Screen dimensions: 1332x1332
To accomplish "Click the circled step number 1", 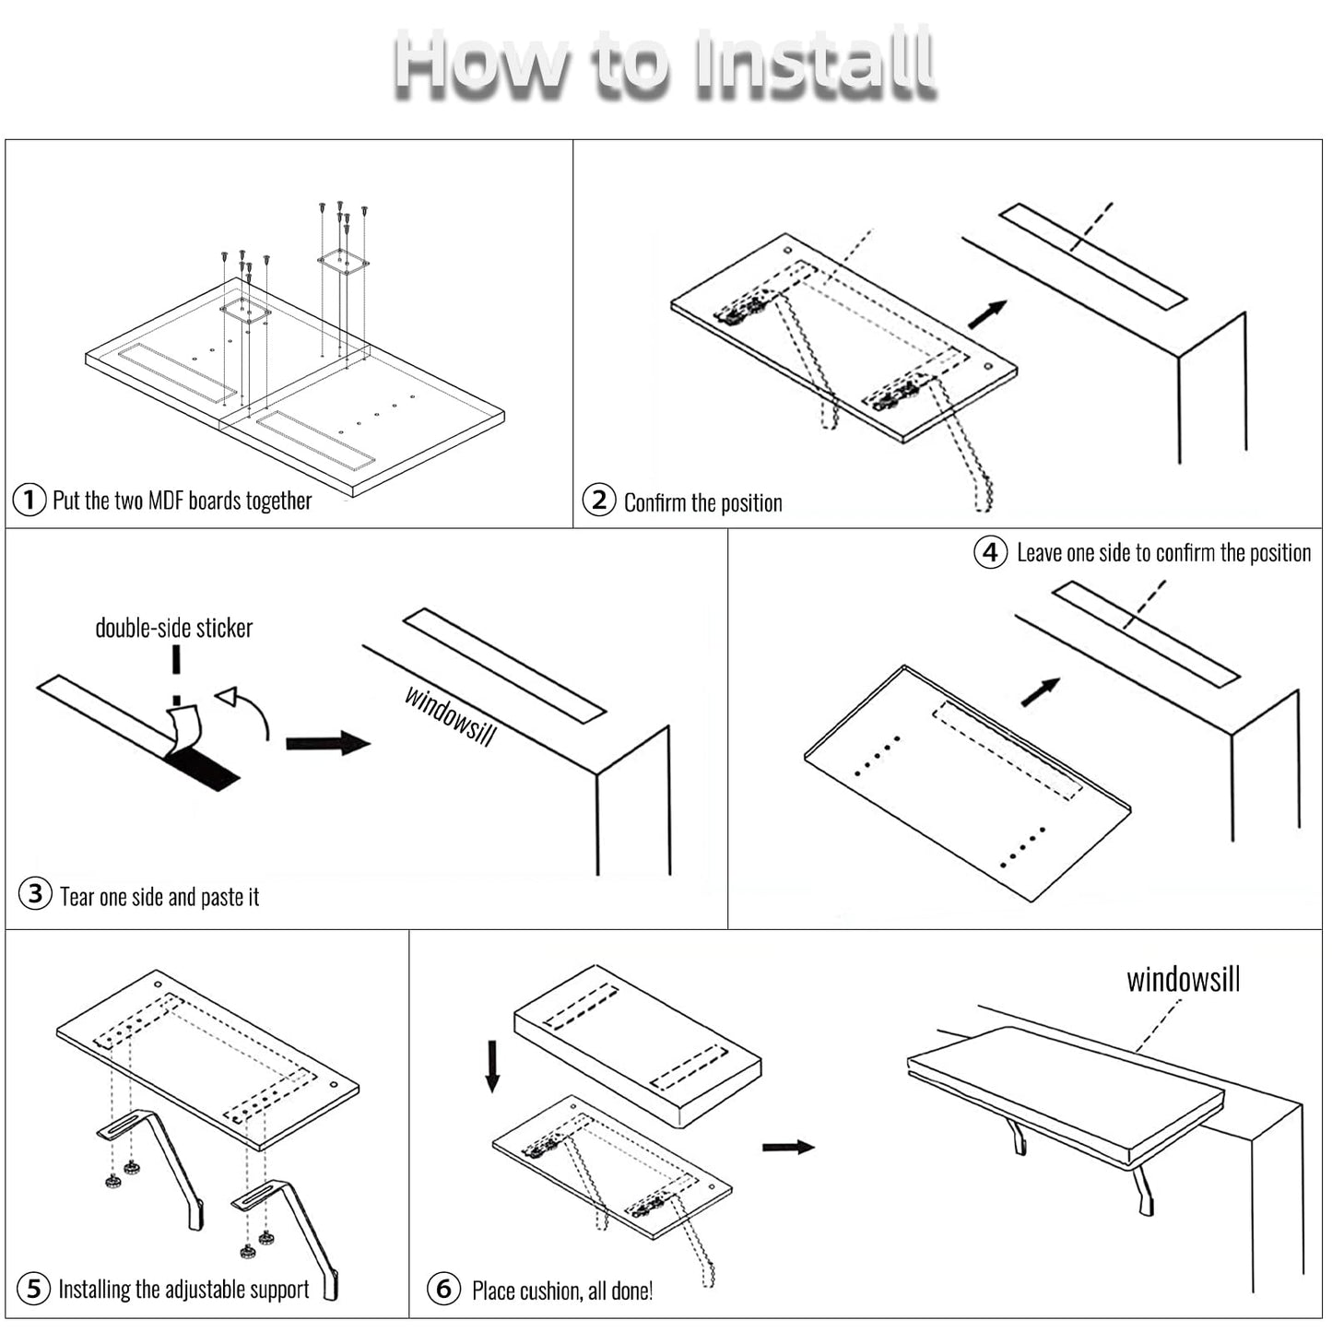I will [29, 500].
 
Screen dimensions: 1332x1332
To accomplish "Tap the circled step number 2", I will [599, 501].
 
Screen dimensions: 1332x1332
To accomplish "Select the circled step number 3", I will [35, 893].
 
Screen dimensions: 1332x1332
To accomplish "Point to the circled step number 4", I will [991, 552].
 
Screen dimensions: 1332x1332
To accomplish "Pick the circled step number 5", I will [34, 1288].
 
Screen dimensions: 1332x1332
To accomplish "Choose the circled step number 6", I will [443, 1288].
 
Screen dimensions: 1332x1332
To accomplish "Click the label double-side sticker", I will [173, 628].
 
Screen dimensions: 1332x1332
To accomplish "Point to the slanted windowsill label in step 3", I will [451, 715].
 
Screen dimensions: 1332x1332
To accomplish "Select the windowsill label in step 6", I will [1183, 979].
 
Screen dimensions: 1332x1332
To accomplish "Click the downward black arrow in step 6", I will [492, 1066].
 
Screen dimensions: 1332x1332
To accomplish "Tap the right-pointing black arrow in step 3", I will [327, 743].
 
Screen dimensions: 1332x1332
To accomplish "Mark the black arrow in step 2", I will [987, 314].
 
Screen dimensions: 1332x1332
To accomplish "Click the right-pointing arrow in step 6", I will [788, 1147].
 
